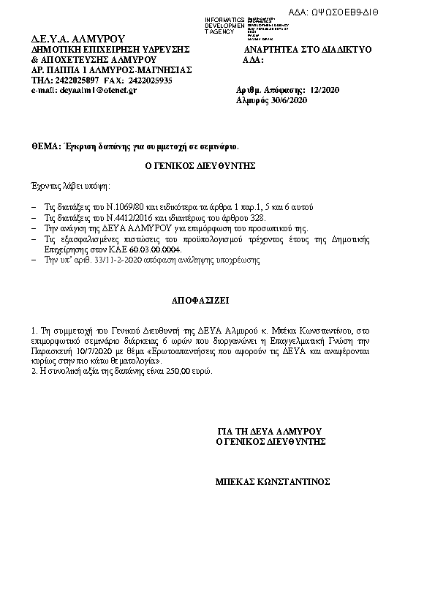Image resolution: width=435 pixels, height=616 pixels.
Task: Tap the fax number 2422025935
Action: click(151, 80)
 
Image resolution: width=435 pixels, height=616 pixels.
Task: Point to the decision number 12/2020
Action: click(325, 90)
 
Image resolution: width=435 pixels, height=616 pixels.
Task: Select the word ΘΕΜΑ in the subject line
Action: click(45, 146)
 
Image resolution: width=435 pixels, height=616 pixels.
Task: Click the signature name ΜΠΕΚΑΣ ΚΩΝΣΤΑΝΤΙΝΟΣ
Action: click(273, 482)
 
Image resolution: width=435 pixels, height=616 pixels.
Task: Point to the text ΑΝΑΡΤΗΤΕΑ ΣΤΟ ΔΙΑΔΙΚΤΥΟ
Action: click(308, 49)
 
